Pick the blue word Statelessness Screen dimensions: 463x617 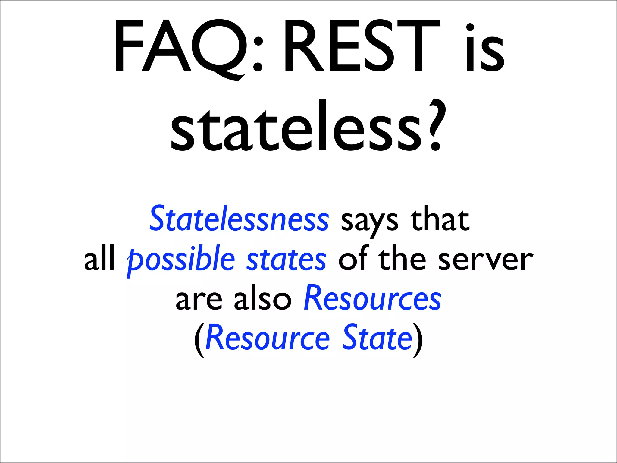click(239, 219)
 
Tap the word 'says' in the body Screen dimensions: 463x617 click(369, 222)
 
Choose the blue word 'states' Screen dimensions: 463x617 click(286, 259)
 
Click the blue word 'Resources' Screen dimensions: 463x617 click(372, 298)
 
